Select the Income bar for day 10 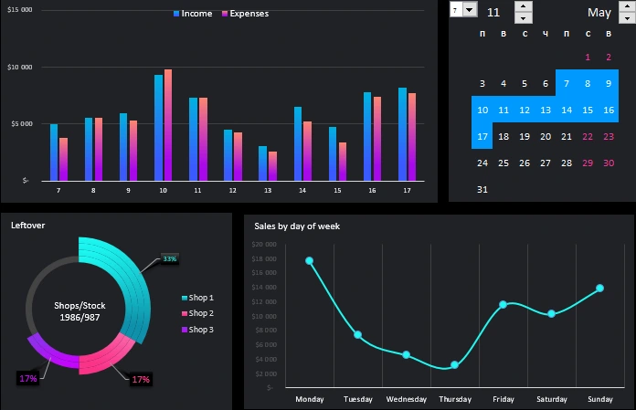click(x=158, y=128)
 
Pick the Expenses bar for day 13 click(x=272, y=166)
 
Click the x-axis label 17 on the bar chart click(x=406, y=190)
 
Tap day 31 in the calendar click(x=482, y=190)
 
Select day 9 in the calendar click(x=609, y=84)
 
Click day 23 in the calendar click(x=609, y=137)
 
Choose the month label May click(x=599, y=13)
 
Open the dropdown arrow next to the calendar click(x=470, y=9)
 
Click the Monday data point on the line click(x=309, y=261)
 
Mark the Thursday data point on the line click(x=454, y=365)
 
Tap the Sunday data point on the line click(x=599, y=289)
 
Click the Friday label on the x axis click(x=503, y=399)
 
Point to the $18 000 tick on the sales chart click(x=263, y=259)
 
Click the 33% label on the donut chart click(x=169, y=259)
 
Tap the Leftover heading click(x=27, y=225)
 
